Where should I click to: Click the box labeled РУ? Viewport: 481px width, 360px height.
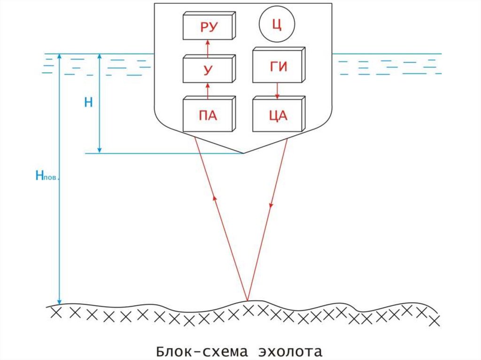208,27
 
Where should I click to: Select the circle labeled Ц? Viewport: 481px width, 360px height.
276,24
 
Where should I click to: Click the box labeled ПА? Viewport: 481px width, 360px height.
208,115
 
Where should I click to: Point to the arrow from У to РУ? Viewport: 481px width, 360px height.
207,48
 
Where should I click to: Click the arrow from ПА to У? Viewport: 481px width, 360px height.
207,90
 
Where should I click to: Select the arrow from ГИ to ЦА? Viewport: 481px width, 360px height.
277,90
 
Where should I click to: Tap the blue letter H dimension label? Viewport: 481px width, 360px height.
88,103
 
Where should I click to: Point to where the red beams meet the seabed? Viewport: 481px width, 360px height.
247,300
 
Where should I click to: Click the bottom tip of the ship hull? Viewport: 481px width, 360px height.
243,153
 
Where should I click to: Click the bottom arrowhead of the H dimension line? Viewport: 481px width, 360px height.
99,150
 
